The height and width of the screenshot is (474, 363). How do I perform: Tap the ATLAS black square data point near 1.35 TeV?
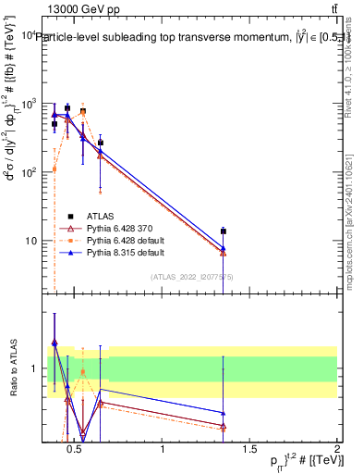click(x=223, y=231)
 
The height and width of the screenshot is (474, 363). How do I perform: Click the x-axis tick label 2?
click(x=336, y=449)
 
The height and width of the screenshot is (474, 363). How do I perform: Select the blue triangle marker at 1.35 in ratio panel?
click(x=223, y=413)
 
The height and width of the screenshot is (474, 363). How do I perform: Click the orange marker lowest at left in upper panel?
click(x=54, y=169)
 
